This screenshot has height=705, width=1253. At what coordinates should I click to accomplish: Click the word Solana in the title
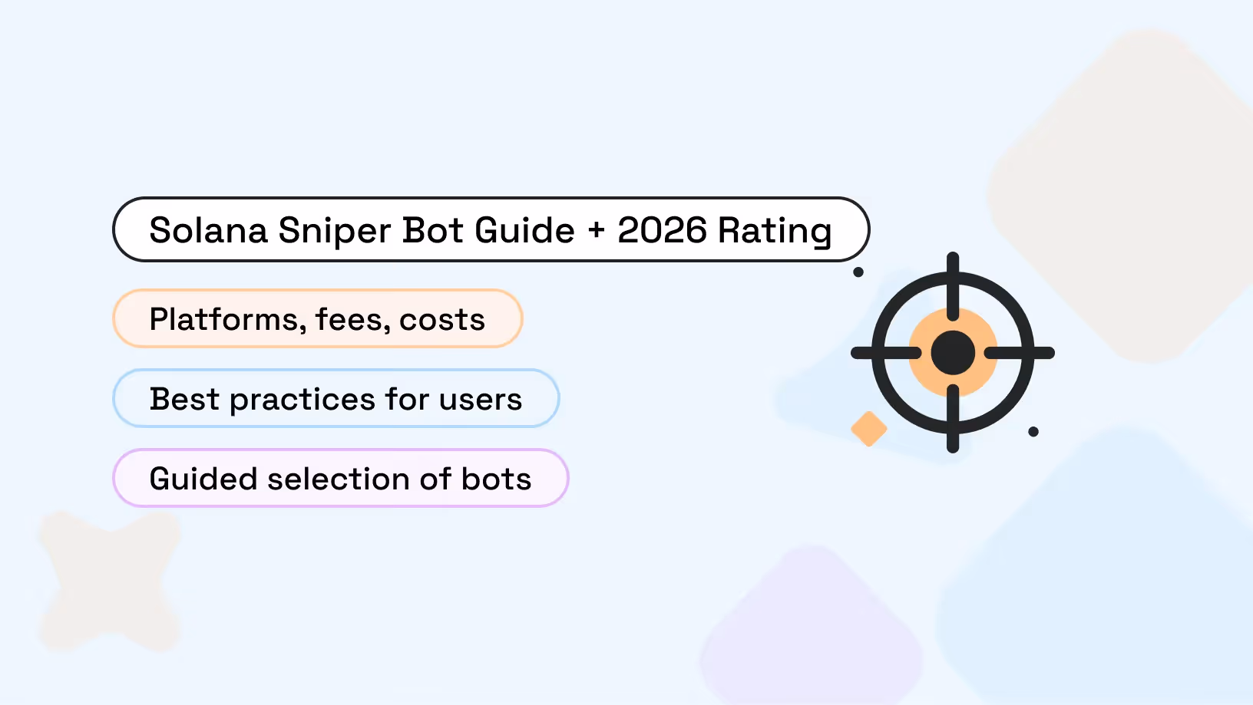click(208, 231)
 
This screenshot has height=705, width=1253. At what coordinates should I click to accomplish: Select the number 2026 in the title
click(662, 231)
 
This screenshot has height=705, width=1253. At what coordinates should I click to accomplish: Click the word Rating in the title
click(775, 231)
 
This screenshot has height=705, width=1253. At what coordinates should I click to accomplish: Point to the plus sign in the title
click(597, 231)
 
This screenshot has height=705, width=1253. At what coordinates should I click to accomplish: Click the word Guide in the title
click(524, 231)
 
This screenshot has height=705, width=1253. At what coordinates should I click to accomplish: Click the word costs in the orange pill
click(442, 320)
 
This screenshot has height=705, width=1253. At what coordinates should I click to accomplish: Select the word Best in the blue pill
click(184, 400)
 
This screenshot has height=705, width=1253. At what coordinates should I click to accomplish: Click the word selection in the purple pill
click(338, 479)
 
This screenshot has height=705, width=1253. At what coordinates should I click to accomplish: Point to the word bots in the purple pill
click(496, 479)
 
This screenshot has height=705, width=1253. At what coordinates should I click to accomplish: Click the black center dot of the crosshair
click(953, 353)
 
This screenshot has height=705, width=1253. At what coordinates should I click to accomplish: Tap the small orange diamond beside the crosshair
click(869, 429)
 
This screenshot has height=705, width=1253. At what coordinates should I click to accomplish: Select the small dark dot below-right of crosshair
click(1033, 432)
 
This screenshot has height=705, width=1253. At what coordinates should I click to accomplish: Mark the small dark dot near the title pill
click(858, 272)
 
